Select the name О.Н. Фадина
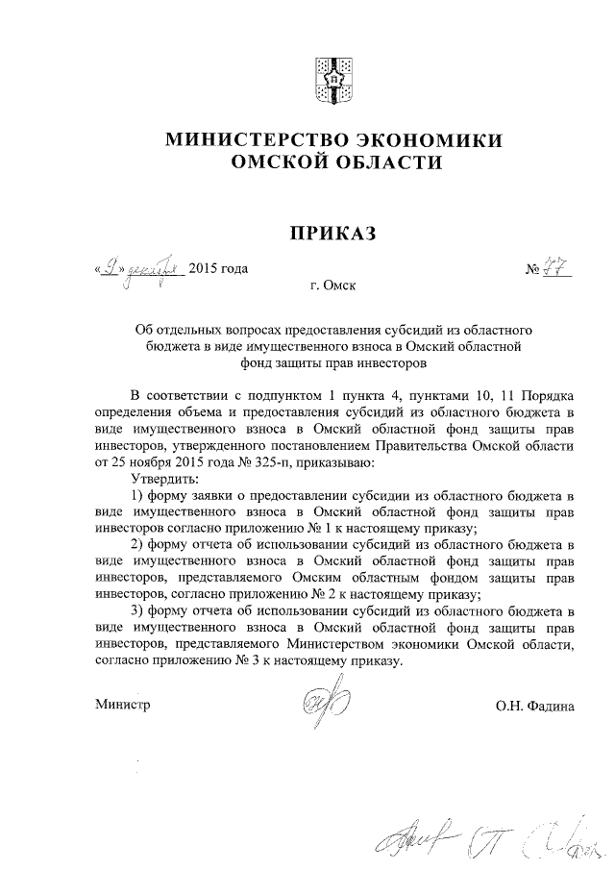[x=535, y=707]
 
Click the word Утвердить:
[x=164, y=478]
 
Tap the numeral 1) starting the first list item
[x=136, y=495]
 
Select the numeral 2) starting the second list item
[x=136, y=546]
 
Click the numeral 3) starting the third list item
[x=136, y=611]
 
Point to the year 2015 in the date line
[x=204, y=269]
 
